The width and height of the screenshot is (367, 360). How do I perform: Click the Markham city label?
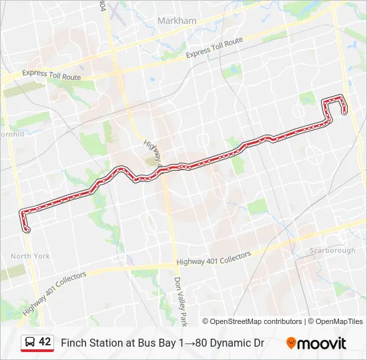click(x=177, y=21)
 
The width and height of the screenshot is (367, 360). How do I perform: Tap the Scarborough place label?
click(x=332, y=251)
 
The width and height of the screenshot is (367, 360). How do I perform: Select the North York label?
click(x=30, y=256)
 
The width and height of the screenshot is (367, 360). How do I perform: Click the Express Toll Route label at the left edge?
click(x=51, y=75)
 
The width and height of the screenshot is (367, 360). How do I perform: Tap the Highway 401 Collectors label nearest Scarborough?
click(x=214, y=259)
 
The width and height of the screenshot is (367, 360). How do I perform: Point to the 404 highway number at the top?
click(x=102, y=5)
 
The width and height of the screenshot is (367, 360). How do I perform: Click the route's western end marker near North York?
click(x=27, y=229)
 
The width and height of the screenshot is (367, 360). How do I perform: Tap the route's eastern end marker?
click(x=344, y=111)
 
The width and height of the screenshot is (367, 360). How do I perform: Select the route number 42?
click(x=45, y=342)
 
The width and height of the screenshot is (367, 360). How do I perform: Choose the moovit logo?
click(x=316, y=343)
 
